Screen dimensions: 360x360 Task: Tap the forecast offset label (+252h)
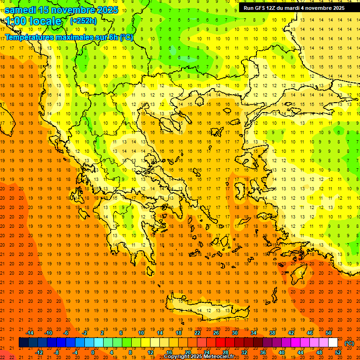[83, 21]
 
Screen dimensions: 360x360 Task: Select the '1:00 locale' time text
[33, 21]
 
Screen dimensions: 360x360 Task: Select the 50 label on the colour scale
[328, 333]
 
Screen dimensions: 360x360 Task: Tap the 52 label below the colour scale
[337, 352]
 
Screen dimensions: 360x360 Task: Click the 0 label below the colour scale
[92, 352]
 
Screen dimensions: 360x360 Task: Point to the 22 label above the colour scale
[197, 333]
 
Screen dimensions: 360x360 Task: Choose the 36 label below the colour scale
[263, 352]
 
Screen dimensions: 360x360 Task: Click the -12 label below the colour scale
[39, 352]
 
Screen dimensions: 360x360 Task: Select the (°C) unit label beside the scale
[349, 343]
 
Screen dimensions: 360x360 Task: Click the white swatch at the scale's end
[333, 343]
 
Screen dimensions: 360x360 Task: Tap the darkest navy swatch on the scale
[23, 343]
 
